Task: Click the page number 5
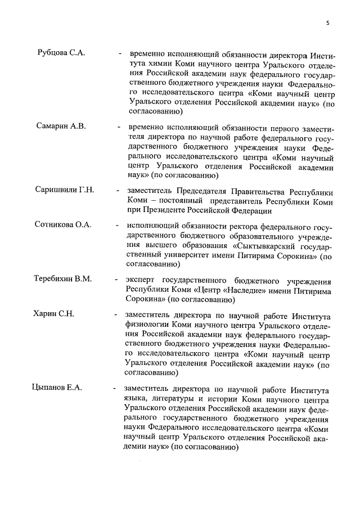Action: [327, 22]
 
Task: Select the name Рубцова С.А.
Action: [61, 53]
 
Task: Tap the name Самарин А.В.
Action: [62, 125]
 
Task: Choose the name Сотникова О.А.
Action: [63, 225]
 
